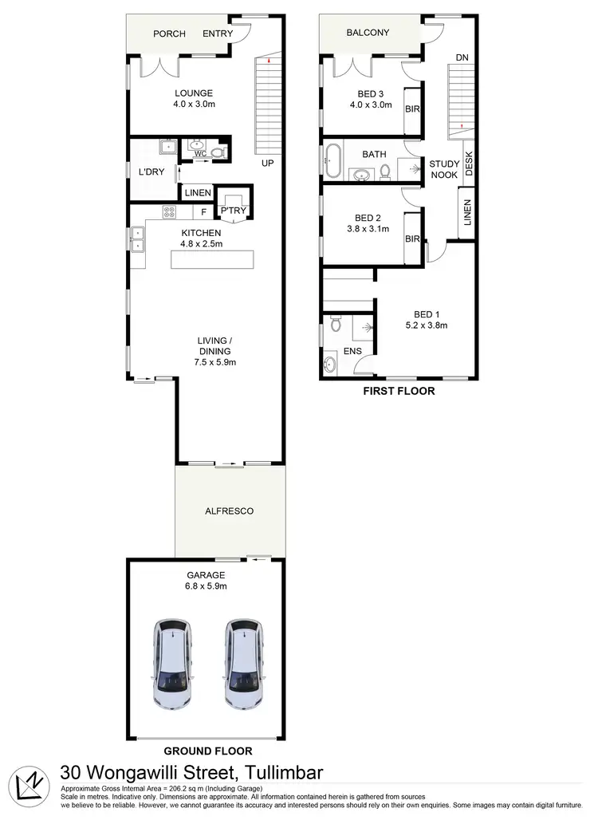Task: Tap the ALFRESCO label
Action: (x=229, y=511)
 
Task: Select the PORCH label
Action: (x=169, y=34)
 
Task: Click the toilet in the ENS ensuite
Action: (x=336, y=325)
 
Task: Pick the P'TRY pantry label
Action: (x=233, y=211)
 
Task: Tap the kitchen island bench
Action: (x=211, y=260)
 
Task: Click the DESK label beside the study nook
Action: (x=469, y=163)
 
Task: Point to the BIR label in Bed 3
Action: (x=412, y=109)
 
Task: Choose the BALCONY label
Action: (x=368, y=33)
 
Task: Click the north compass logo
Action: (x=28, y=783)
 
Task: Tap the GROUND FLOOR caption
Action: (x=207, y=751)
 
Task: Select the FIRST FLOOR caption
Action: (x=399, y=391)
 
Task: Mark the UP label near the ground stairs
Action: (x=268, y=163)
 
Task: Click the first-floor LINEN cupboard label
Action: (x=467, y=213)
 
